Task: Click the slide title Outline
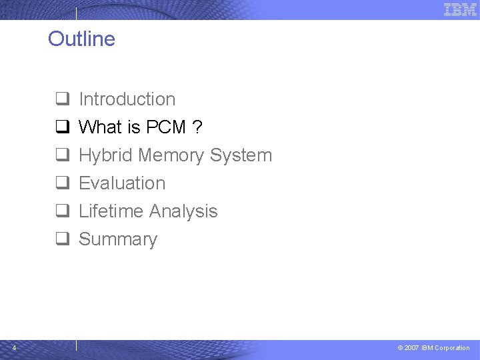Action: coord(81,39)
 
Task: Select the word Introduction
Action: coord(127,99)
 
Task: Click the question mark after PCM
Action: coord(197,127)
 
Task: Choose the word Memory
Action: coord(171,155)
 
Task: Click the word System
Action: coord(241,156)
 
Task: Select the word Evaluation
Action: coord(122,183)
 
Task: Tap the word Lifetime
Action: coord(110,211)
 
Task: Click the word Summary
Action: coord(118,240)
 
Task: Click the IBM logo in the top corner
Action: coord(460,9)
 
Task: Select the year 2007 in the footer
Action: coord(411,348)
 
